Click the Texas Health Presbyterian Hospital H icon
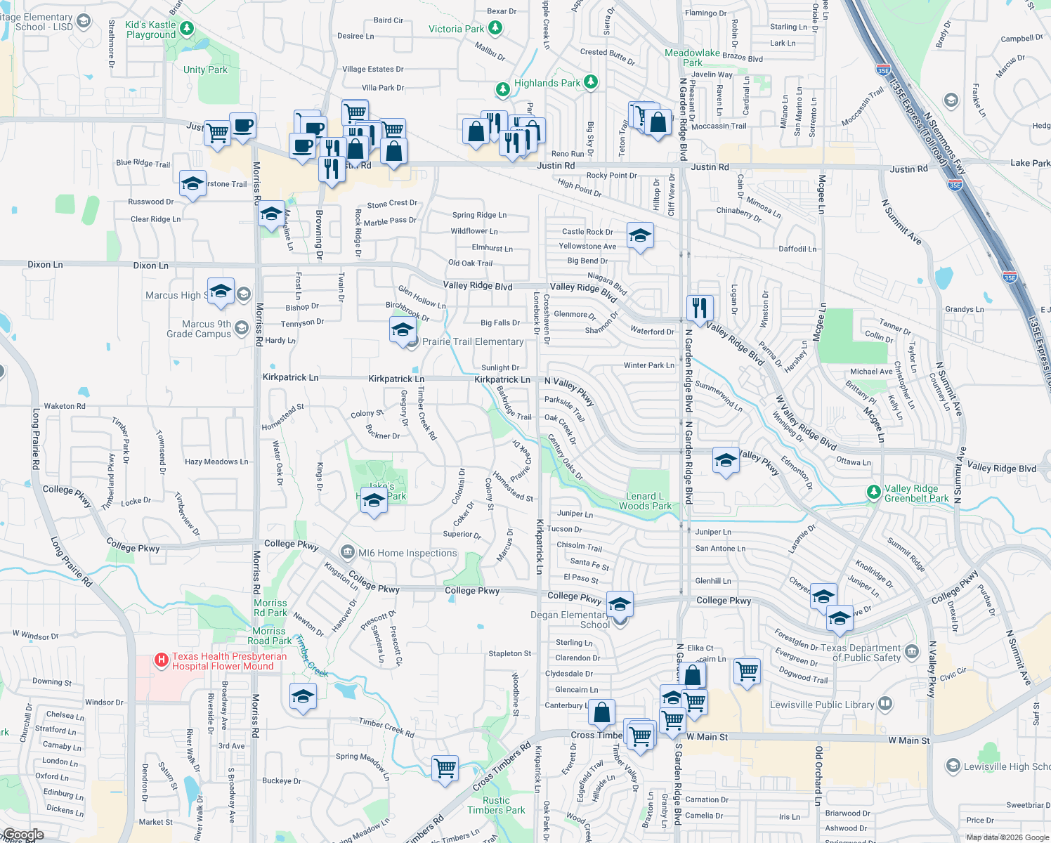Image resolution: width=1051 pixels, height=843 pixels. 162,660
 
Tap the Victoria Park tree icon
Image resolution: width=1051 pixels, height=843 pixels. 495,28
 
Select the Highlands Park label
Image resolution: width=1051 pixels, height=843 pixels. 547,83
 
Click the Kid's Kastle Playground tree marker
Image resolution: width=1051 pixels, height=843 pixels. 186,29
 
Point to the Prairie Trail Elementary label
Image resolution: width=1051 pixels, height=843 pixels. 473,341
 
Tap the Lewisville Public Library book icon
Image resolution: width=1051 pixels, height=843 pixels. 885,703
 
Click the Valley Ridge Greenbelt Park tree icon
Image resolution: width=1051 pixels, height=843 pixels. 873,492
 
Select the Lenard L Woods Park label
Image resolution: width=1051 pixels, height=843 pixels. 645,501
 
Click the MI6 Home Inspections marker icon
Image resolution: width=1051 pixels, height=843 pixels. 347,552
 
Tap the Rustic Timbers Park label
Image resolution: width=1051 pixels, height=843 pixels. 496,805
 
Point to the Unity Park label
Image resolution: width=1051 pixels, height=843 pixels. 205,70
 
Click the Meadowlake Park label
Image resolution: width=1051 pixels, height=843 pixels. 692,58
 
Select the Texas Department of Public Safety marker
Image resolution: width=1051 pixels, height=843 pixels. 912,651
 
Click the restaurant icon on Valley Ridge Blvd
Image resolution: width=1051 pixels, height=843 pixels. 700,307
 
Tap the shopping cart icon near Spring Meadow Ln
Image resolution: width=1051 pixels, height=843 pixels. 445,767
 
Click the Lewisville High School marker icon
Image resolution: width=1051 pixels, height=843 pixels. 953,766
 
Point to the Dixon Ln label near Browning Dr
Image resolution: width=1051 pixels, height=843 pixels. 150,266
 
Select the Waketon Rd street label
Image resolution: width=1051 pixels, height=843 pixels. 65,406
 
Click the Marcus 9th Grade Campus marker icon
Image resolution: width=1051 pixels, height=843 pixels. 242,327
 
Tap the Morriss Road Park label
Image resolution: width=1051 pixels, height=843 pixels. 270,636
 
